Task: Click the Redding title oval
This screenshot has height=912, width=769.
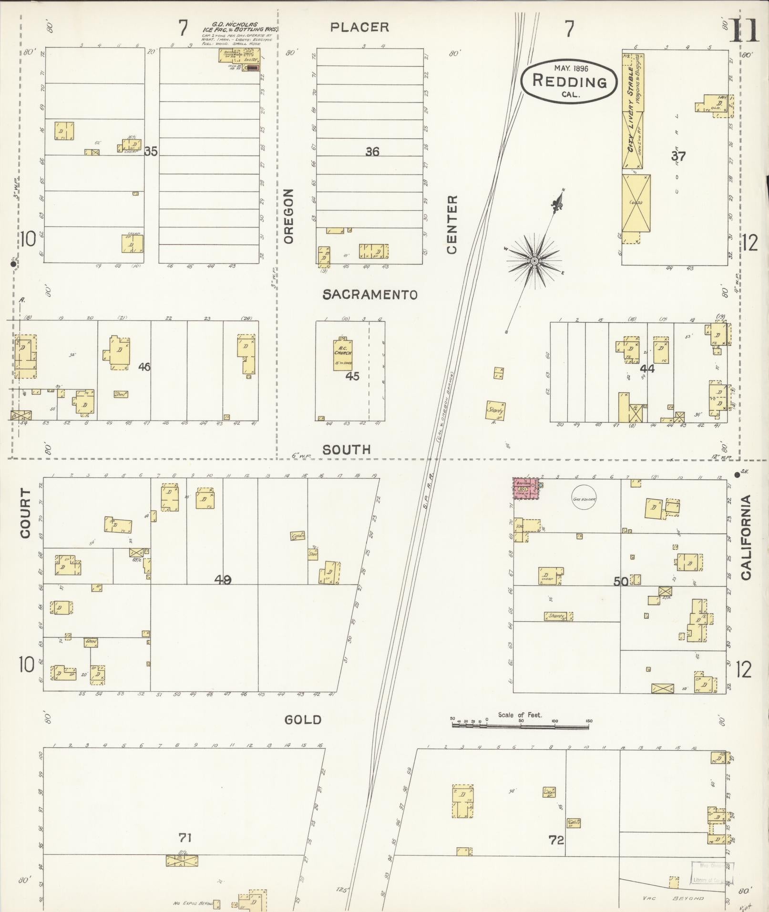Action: pyautogui.click(x=568, y=81)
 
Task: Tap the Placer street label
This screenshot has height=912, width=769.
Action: pyautogui.click(x=360, y=27)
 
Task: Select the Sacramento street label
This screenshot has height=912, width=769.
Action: pyautogui.click(x=370, y=295)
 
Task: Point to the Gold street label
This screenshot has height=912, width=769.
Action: pyautogui.click(x=303, y=720)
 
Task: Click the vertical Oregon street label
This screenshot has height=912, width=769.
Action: pyautogui.click(x=288, y=216)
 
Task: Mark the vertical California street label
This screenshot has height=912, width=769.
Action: pyautogui.click(x=746, y=537)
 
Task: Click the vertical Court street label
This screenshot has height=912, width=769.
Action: pyautogui.click(x=25, y=513)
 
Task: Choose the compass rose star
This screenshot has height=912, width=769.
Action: pyautogui.click(x=534, y=261)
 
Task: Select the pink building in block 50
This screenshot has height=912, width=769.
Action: pyautogui.click(x=526, y=490)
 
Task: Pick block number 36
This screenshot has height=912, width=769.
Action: pyautogui.click(x=372, y=152)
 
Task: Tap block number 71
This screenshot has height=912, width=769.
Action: pyautogui.click(x=185, y=837)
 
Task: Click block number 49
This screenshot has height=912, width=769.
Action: pyautogui.click(x=223, y=580)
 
